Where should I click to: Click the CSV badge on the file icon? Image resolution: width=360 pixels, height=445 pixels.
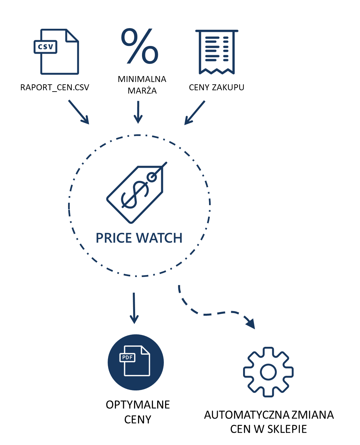[45, 47]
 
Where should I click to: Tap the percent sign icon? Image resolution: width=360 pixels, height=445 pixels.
[140, 46]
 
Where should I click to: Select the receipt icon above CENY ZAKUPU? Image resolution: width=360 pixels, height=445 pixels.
[217, 52]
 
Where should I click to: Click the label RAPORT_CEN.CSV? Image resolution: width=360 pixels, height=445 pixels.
[55, 87]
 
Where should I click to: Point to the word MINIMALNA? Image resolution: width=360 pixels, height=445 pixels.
[142, 79]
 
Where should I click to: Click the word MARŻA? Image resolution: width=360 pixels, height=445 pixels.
[142, 90]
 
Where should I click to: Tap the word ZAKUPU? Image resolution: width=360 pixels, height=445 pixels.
[228, 87]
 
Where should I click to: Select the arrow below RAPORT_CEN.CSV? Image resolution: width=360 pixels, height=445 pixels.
[79, 112]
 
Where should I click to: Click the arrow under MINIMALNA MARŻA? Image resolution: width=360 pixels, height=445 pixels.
[138, 112]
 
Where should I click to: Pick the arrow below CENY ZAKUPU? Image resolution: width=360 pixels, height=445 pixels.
[195, 113]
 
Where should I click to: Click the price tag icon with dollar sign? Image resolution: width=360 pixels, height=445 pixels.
[137, 192]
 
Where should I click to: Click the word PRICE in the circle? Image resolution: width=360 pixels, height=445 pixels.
[114, 238]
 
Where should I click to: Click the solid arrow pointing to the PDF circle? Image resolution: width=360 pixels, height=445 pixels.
[134, 308]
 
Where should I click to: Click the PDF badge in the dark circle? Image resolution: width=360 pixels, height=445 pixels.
[127, 357]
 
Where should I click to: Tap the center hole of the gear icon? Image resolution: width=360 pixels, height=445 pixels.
[268, 372]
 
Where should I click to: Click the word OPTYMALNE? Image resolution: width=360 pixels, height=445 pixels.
[138, 405]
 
